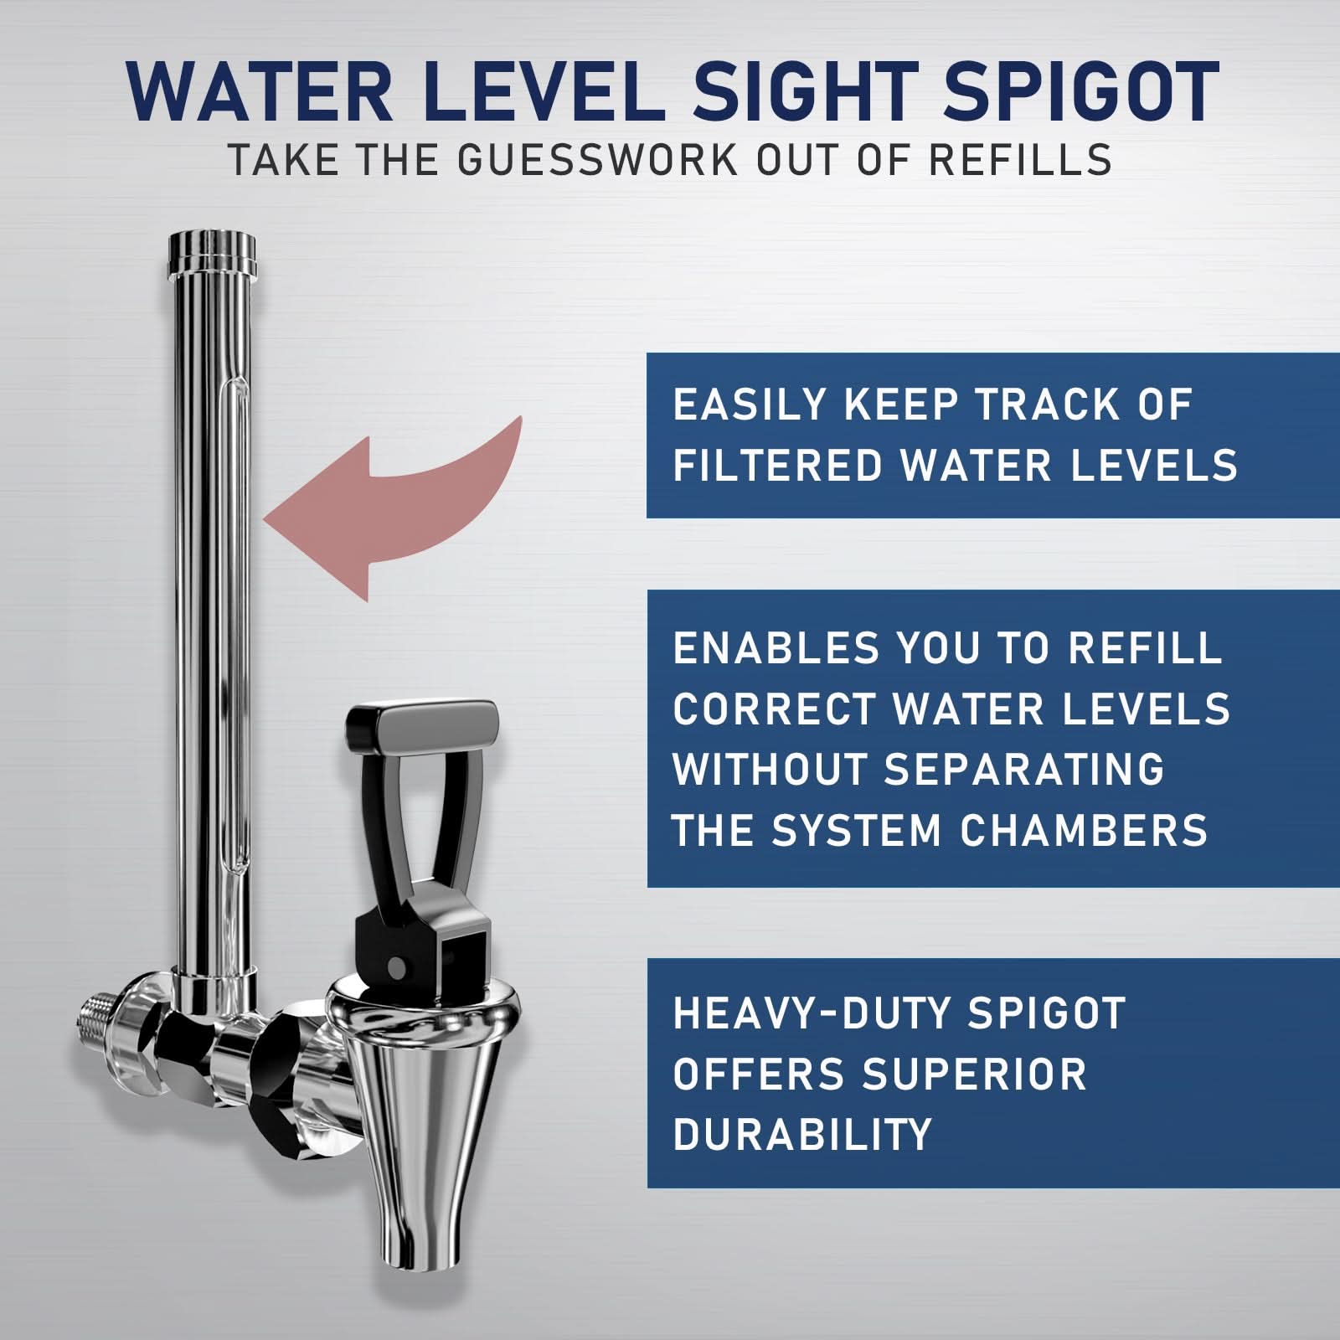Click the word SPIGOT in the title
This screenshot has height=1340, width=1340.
pos(1080,92)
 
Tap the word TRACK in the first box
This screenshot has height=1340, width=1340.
pos(1047,405)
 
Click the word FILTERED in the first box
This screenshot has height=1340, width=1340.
pos(776,466)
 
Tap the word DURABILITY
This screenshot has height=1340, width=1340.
pos(801,1135)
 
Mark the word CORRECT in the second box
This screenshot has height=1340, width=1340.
pos(774,709)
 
